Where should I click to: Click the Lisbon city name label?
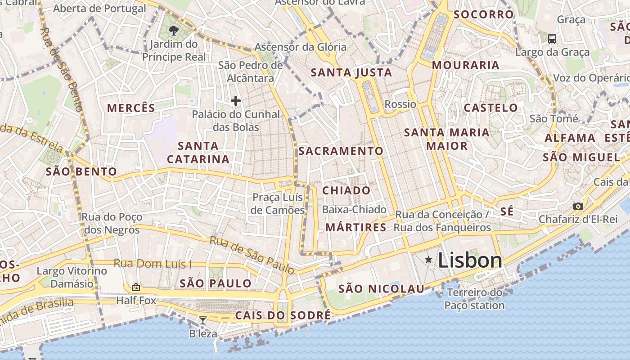tap(470, 261)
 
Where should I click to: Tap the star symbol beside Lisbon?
tap(428, 260)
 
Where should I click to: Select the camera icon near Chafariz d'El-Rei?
tap(578, 207)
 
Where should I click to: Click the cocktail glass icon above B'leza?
tap(203, 320)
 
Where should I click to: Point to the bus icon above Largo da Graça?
tap(552, 39)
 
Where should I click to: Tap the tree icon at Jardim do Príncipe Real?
tap(173, 31)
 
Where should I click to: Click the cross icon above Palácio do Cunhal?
tap(235, 101)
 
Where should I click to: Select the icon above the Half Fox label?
tap(136, 287)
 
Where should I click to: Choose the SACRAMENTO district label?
tap(341, 151)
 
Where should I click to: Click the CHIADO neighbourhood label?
tap(346, 190)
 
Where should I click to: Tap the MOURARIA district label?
tap(466, 65)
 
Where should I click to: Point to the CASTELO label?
tap(491, 108)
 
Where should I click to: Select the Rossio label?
tap(400, 104)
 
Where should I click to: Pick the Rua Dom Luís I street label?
tap(153, 263)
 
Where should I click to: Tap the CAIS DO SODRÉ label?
tap(283, 315)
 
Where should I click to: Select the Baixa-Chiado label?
tap(354, 210)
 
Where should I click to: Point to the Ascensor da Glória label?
tap(301, 47)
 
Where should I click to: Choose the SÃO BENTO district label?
tap(81, 171)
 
